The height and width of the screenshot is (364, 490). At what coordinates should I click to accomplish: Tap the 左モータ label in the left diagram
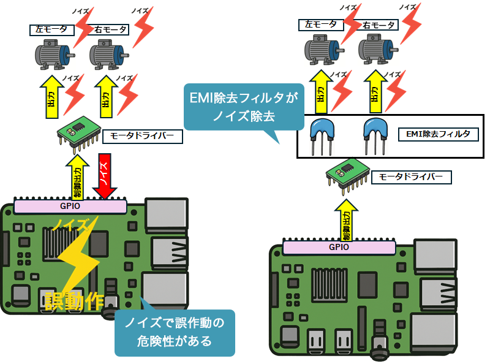click(52, 29)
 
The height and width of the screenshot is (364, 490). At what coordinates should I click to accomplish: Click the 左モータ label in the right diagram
click(321, 25)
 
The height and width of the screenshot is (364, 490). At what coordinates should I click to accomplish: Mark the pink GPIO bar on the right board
click(339, 248)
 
